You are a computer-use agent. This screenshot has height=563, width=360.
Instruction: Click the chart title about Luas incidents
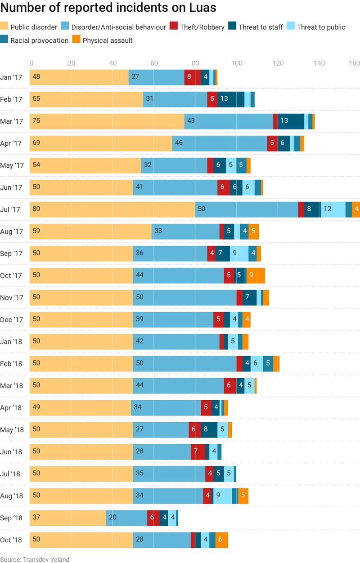(108, 8)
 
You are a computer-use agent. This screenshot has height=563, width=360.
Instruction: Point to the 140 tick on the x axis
(319, 63)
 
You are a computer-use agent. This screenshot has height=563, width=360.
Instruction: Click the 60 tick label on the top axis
(154, 63)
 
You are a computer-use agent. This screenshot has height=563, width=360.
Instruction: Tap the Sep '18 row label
(12, 518)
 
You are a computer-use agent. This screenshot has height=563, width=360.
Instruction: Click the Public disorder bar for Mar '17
(107, 121)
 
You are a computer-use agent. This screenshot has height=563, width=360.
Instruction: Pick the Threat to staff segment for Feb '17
(231, 99)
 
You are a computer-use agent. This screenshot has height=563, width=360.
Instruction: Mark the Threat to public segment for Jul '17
(333, 210)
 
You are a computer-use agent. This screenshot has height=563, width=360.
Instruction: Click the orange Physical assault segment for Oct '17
(256, 276)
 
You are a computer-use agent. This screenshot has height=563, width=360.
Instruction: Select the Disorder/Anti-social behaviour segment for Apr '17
(220, 143)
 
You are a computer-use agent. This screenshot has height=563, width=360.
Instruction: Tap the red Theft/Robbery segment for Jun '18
(198, 452)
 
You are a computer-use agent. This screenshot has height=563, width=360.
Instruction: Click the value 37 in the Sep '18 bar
(36, 518)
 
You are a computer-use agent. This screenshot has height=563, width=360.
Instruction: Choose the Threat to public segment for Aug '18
(222, 496)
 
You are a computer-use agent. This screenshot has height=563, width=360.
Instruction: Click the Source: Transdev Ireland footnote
(35, 559)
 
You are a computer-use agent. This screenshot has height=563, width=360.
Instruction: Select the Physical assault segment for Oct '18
(221, 540)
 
